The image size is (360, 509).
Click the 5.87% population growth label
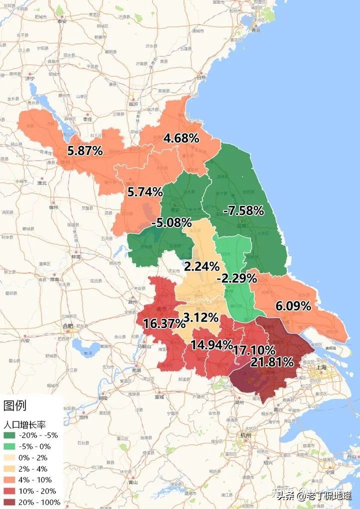point(85,150)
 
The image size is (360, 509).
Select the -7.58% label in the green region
point(243,210)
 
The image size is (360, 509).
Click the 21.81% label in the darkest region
point(272,361)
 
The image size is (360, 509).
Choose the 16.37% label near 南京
point(164,323)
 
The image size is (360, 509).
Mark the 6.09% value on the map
point(293,305)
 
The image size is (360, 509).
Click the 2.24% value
point(201,266)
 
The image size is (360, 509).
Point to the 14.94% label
point(211,344)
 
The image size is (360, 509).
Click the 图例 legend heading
point(14,405)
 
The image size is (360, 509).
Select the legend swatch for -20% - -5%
point(9,435)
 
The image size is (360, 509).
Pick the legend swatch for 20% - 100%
point(9,502)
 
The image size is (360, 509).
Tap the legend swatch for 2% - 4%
point(9,468)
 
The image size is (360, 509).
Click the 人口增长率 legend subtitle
point(24,424)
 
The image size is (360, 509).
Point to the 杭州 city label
point(244,435)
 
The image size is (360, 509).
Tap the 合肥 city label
point(67,326)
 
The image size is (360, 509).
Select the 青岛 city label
point(256,30)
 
